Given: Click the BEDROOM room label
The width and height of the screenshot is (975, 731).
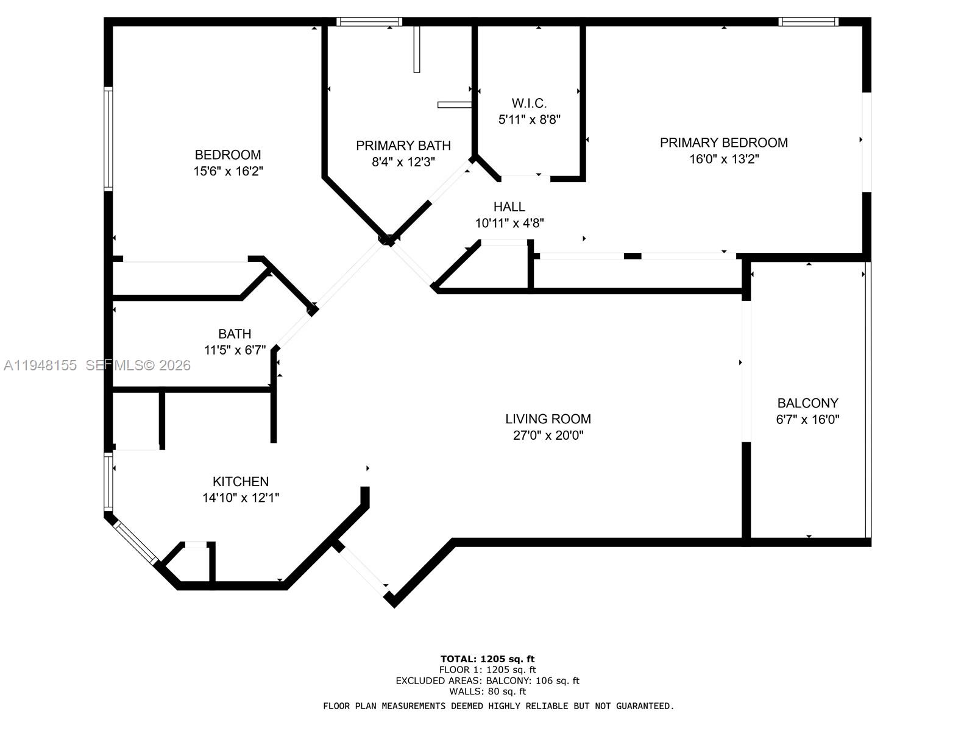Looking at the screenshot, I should click(x=227, y=155).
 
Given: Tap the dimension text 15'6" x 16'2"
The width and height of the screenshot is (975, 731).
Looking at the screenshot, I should click(x=228, y=171).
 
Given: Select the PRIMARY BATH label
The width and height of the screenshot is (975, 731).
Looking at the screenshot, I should click(x=403, y=146).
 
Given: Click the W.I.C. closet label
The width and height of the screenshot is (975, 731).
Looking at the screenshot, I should click(x=528, y=103).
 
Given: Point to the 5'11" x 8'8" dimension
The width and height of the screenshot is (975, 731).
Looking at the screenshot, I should click(x=529, y=119).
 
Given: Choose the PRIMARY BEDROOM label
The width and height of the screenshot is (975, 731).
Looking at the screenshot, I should click(x=723, y=143).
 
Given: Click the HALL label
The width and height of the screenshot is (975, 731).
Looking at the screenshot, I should click(x=509, y=207).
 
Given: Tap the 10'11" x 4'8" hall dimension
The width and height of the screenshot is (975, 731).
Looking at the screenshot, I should click(x=509, y=223).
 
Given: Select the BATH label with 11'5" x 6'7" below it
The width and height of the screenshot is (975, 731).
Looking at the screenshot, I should click(x=235, y=334).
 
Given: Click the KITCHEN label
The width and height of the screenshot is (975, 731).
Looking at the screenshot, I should click(x=240, y=481).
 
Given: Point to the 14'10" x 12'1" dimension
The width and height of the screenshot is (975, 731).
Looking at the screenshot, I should click(x=240, y=498).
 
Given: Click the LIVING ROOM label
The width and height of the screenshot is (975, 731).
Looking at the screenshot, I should click(x=548, y=419).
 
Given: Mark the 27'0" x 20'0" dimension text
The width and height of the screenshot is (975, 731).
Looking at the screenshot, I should click(x=548, y=436).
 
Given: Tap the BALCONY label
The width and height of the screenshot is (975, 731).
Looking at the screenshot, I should click(x=807, y=403).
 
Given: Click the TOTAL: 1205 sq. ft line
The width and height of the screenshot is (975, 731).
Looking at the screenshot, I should click(x=487, y=659).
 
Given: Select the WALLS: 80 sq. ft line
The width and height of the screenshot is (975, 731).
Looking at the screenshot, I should click(x=487, y=691).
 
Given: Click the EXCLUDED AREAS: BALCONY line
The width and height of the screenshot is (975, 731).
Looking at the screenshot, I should click(x=487, y=680).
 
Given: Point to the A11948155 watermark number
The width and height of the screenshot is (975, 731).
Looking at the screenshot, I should click(x=40, y=365).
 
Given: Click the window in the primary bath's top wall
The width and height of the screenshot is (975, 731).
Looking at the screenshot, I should click(x=369, y=22).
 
